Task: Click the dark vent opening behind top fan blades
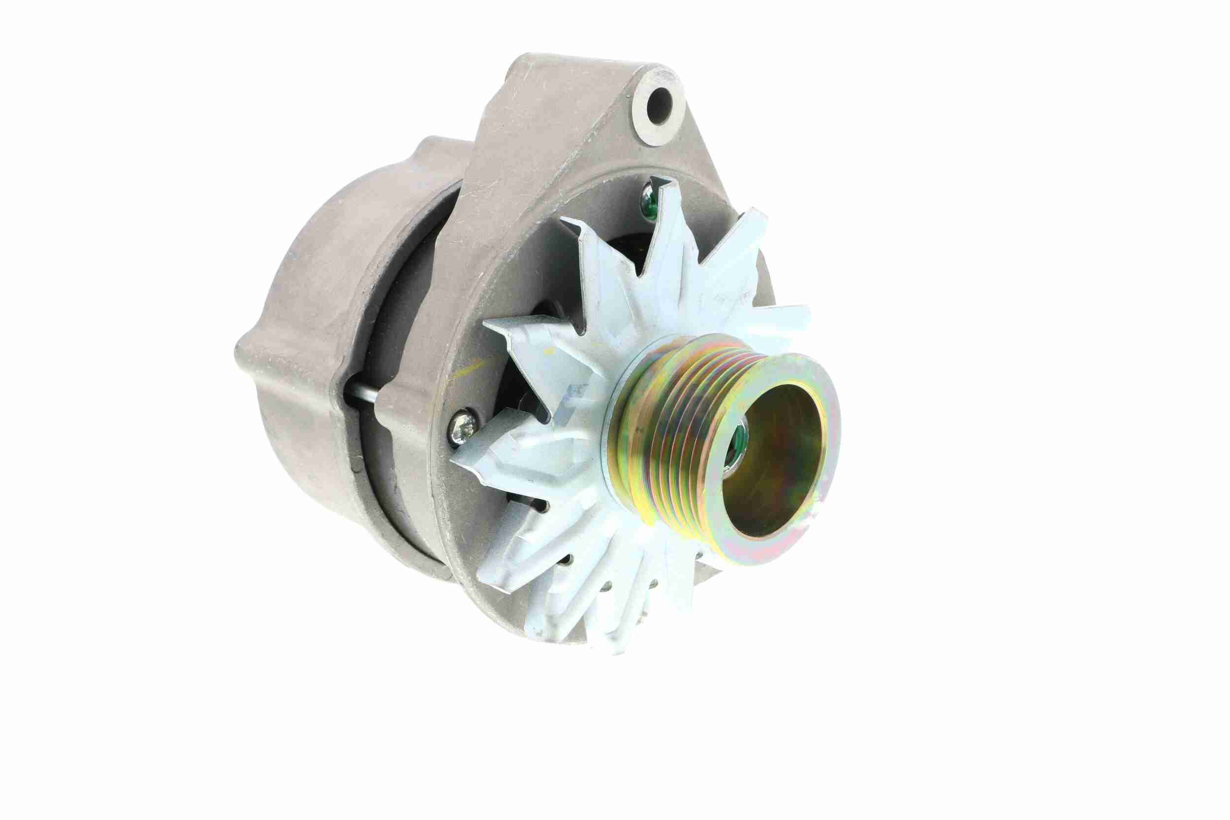(628, 246)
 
